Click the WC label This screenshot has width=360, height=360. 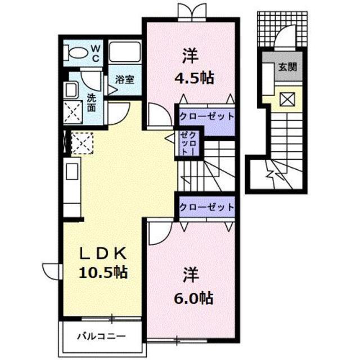pyautogui.click(x=96, y=53)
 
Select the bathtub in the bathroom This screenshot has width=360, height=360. pyautogui.click(x=125, y=52)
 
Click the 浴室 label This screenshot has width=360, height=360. pyautogui.click(x=125, y=79)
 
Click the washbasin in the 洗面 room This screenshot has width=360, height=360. pyautogui.click(x=71, y=91)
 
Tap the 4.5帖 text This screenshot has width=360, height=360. pyautogui.click(x=194, y=78)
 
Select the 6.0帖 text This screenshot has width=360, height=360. pyautogui.click(x=194, y=298)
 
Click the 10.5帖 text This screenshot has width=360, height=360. pyautogui.click(x=103, y=272)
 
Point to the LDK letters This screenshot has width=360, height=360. pyautogui.click(x=103, y=253)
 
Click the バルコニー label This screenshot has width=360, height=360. pyautogui.click(x=101, y=336)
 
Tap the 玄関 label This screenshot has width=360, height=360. pyautogui.click(x=287, y=67)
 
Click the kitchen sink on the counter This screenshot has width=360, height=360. pyautogui.click(x=72, y=171)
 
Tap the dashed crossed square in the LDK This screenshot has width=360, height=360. pyautogui.click(x=82, y=143)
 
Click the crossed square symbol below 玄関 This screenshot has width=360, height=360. pyautogui.click(x=287, y=99)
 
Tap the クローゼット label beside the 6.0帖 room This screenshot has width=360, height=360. pyautogui.click(x=206, y=208)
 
